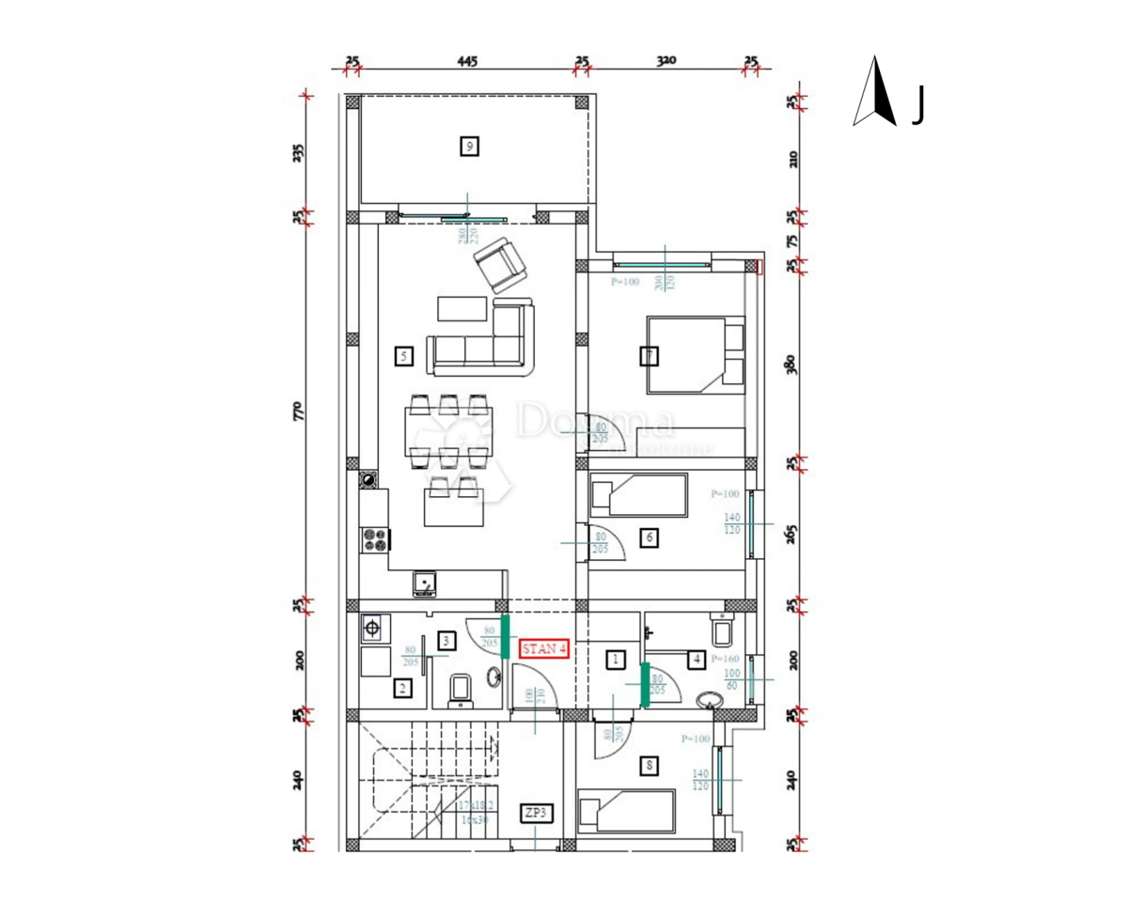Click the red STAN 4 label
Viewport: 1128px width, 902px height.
pos(544,648)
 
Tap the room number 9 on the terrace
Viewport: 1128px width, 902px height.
pos(469,146)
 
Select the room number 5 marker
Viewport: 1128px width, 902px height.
pos(403,356)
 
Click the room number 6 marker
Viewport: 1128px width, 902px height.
pos(649,537)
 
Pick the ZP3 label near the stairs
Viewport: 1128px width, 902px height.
pos(536,813)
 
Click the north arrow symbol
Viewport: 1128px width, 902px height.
pos(875,92)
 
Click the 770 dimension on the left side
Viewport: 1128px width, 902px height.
pos(298,410)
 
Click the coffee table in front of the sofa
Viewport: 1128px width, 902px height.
pos(462,308)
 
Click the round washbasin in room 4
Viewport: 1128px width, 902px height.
pos(710,700)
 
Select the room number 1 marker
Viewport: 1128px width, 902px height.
pos(615,660)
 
